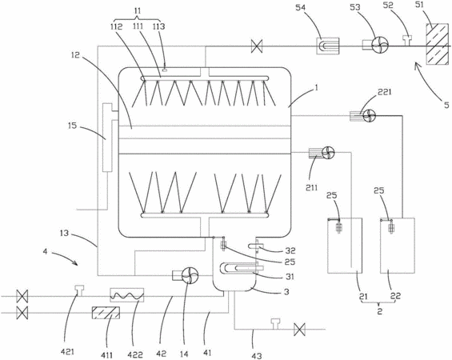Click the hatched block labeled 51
pos(437,44)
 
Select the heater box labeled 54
pos(328,46)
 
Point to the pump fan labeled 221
pos(370,115)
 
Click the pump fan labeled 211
pos(328,153)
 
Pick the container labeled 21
pos(345,246)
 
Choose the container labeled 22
pos(398,246)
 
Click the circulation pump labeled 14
pos(190,275)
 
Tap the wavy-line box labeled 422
pos(127,295)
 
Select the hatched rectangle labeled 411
pos(106,313)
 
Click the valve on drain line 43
pos(299,329)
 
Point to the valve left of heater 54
pos(257,46)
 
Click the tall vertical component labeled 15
pos(107,138)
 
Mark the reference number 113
pos(158,26)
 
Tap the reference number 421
pos(67,352)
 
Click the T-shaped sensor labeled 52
pos(408,40)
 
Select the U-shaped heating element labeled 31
pos(241,268)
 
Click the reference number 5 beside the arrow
pos(446,104)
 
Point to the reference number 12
pos(75,54)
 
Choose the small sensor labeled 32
pos(256,246)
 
